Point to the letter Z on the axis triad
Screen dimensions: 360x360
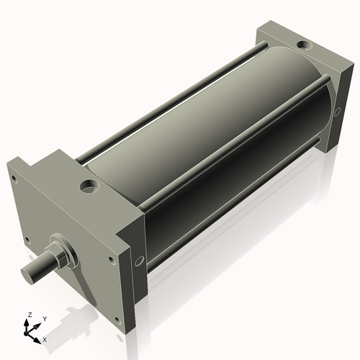(30, 315)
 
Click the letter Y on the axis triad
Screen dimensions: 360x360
(45, 318)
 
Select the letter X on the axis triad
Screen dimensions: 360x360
(45, 338)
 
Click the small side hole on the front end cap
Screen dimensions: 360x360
(140, 260)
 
